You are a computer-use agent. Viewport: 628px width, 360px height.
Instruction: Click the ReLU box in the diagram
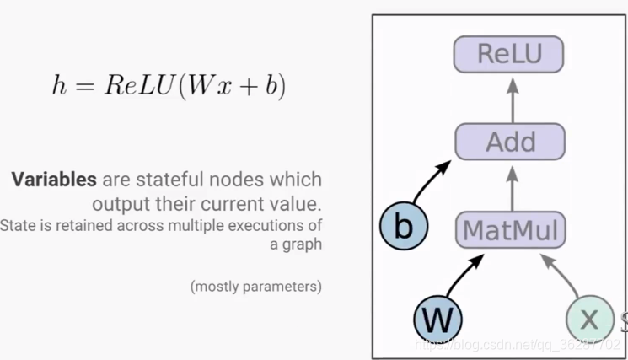click(x=509, y=54)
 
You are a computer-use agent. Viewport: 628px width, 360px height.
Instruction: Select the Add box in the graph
click(x=510, y=141)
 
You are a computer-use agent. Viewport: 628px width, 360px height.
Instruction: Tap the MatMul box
click(x=511, y=229)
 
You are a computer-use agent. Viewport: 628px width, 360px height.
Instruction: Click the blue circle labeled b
click(x=403, y=227)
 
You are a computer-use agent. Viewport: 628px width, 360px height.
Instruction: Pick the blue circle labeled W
click(x=438, y=320)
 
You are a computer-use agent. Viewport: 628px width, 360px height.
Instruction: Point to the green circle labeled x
click(x=589, y=319)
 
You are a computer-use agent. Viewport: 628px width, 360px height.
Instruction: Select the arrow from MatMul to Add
click(x=510, y=185)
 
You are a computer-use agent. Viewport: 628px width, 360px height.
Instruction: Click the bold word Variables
click(x=54, y=180)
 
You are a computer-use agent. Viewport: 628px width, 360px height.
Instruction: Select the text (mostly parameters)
click(x=256, y=287)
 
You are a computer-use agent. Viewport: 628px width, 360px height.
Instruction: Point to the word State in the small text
click(x=17, y=226)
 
